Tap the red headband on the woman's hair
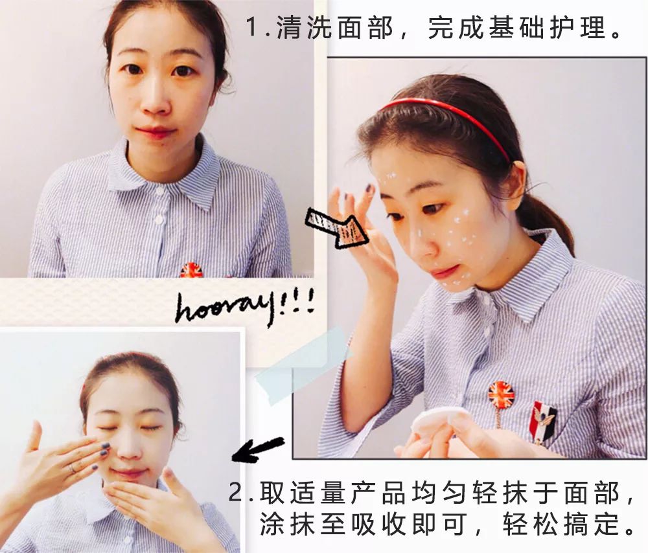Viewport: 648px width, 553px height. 447,113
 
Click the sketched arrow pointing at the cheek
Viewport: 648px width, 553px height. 337,227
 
